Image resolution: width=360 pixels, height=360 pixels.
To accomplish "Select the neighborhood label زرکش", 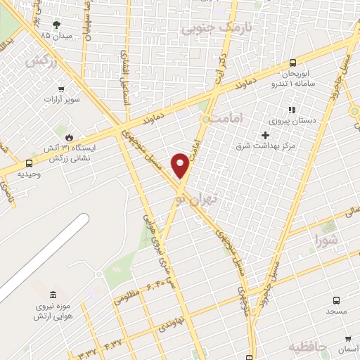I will click(x=40, y=61).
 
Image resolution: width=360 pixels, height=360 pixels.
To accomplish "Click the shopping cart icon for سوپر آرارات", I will click(x=61, y=89).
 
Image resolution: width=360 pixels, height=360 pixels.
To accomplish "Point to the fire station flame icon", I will click(x=68, y=137).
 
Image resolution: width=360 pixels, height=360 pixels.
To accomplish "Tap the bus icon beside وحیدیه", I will click(x=28, y=162).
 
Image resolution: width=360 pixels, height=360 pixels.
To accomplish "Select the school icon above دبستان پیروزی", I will click(x=291, y=110).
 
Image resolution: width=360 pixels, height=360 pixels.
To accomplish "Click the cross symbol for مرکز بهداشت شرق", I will click(x=265, y=134).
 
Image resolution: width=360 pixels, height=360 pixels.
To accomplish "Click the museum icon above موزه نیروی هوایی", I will click(x=54, y=295).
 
